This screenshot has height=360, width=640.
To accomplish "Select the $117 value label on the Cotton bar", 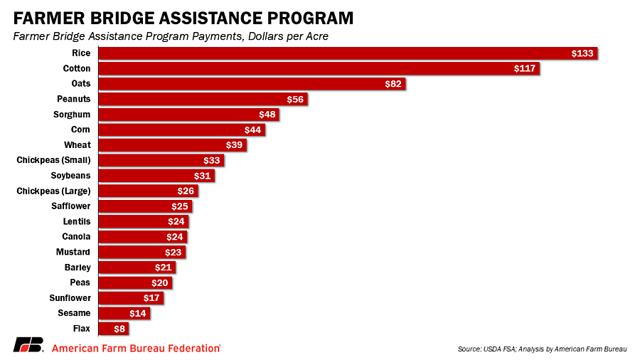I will click(525, 69).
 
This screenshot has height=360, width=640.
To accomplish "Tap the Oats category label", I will click(80, 84).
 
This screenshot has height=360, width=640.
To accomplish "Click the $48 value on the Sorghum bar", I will click(267, 115).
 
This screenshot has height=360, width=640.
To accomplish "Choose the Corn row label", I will click(80, 130).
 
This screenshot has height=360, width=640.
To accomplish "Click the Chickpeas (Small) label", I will click(53, 160).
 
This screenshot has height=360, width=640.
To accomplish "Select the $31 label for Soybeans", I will click(203, 176).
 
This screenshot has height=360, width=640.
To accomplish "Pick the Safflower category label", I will click(70, 206).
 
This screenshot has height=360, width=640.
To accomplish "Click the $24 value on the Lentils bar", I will click(177, 221).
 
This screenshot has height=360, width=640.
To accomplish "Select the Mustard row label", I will click(73, 252).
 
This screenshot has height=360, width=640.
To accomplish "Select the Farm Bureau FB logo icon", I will click(28, 345).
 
